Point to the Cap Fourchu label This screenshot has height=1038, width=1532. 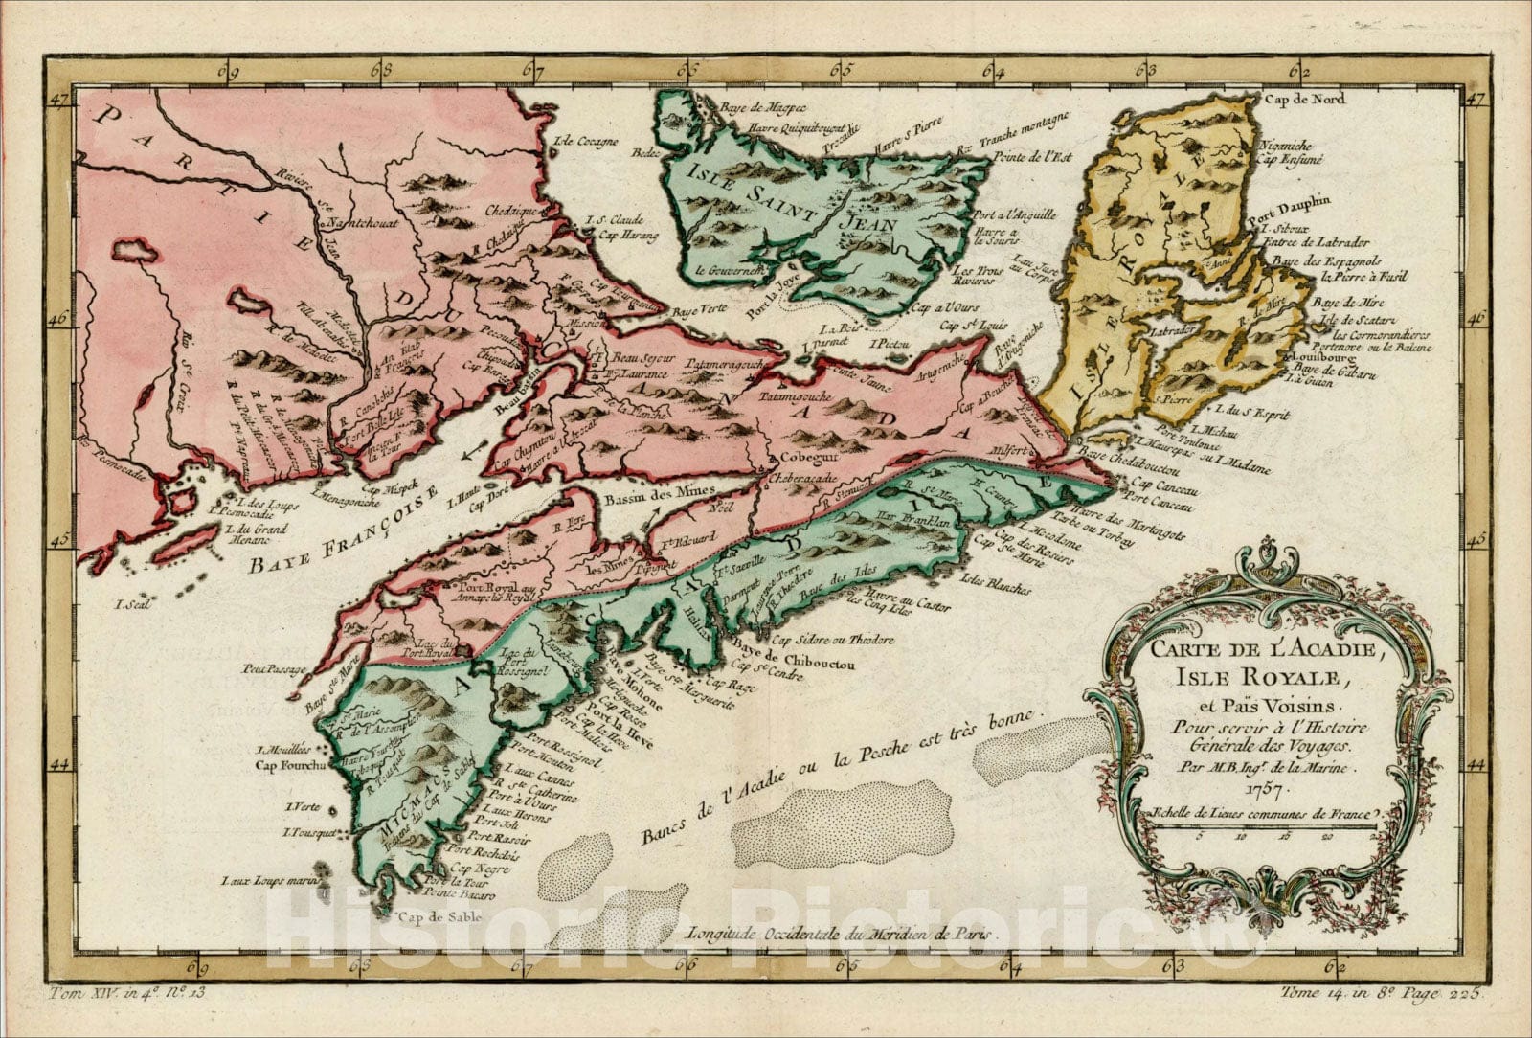tap(290, 765)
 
